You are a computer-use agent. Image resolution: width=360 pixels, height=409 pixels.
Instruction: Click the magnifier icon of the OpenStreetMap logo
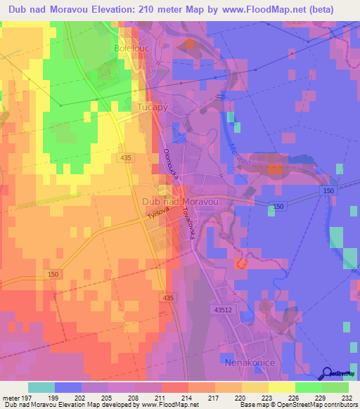328,373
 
